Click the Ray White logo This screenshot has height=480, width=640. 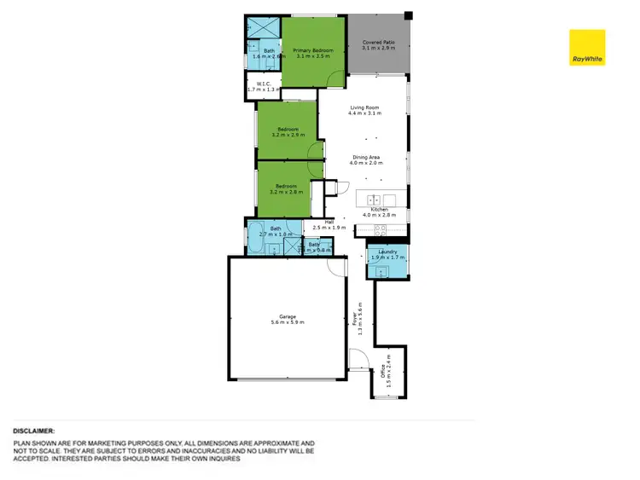click(587, 48)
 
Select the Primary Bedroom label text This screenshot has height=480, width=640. click(313, 51)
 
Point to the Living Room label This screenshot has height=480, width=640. click(364, 107)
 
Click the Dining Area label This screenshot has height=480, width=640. click(367, 157)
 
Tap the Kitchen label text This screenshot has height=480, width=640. click(379, 209)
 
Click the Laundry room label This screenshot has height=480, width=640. click(387, 252)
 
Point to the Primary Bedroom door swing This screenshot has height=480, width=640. click(339, 78)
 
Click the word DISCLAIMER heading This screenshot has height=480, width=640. click(34, 432)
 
